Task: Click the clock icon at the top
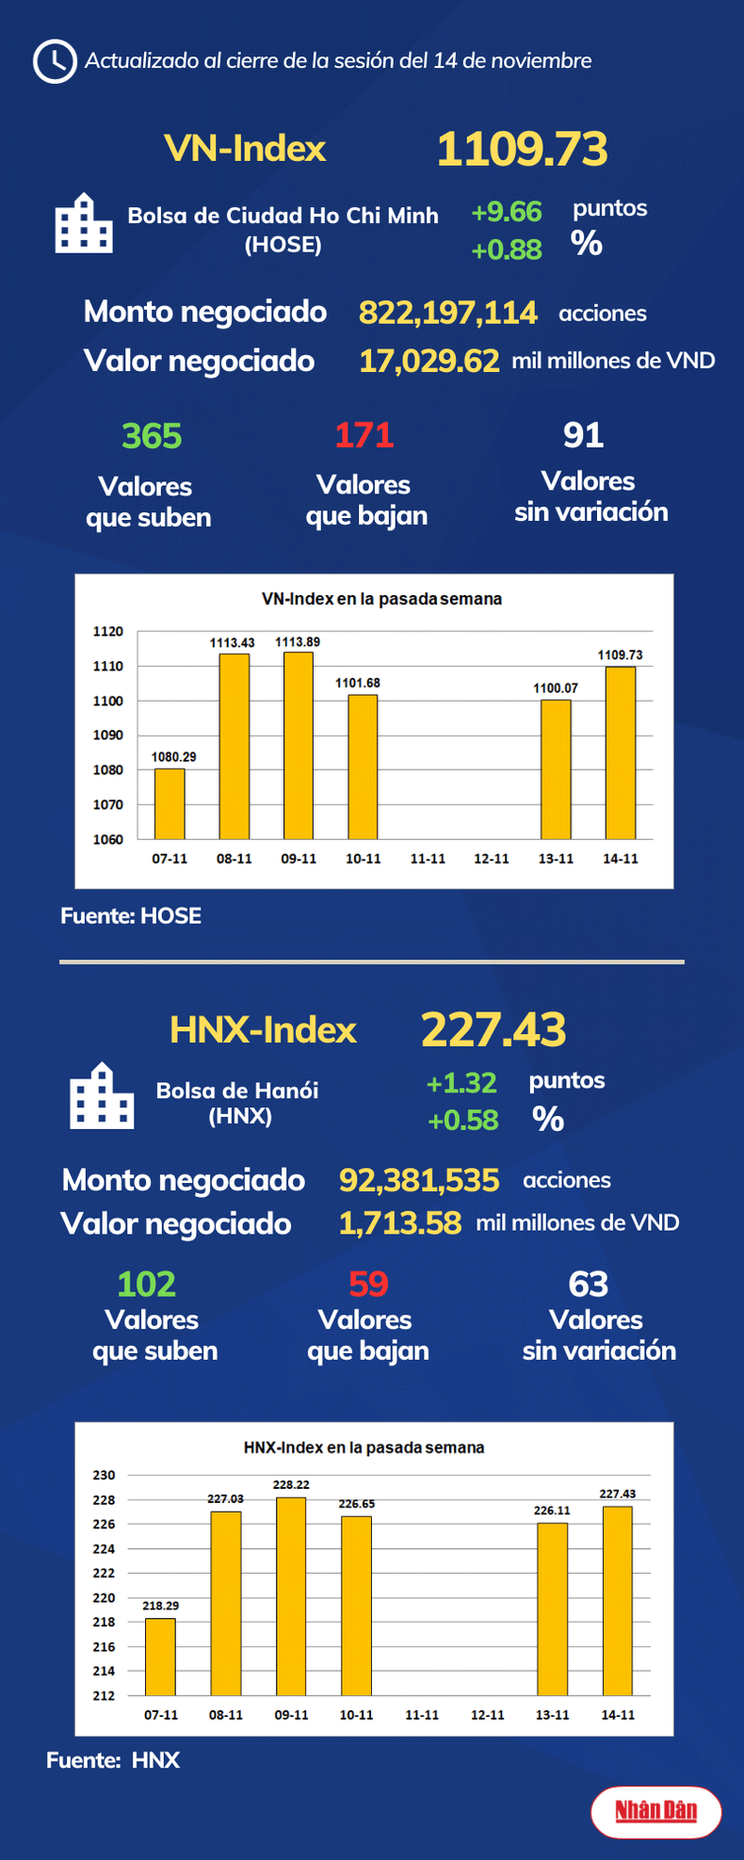55,61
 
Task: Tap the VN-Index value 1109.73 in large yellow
522,150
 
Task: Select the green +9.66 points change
507,212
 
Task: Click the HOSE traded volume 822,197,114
448,313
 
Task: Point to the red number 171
364,435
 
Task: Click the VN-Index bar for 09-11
299,745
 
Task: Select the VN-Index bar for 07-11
170,803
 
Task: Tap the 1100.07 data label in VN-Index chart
556,688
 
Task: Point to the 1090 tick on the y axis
108,736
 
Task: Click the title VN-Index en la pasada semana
380,599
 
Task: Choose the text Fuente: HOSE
131,915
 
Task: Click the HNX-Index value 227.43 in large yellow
493,1029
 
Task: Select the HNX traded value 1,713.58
400,1223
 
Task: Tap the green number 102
146,1285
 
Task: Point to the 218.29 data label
161,1606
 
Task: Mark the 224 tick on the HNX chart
104,1548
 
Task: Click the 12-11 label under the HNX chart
487,1715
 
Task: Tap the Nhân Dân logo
656,1810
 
